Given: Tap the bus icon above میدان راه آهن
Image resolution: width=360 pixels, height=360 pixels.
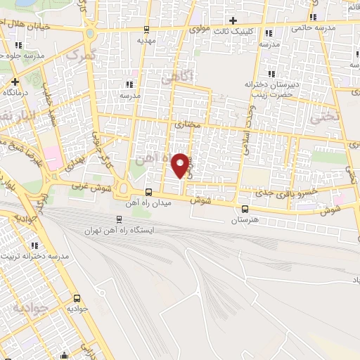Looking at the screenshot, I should click(x=148, y=192).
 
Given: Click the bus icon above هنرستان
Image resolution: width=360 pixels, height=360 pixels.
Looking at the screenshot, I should click(x=245, y=209).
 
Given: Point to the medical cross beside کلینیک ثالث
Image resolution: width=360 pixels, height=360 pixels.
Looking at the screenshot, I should click(x=233, y=20).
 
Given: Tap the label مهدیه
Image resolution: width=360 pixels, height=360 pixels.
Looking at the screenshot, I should click(x=145, y=41).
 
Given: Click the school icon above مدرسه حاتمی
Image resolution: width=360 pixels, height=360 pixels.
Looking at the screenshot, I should click(x=313, y=16).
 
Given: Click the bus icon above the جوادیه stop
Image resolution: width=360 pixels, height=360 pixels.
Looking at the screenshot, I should click(x=77, y=298).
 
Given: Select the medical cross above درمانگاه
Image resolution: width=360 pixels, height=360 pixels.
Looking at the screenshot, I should click(x=15, y=82).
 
